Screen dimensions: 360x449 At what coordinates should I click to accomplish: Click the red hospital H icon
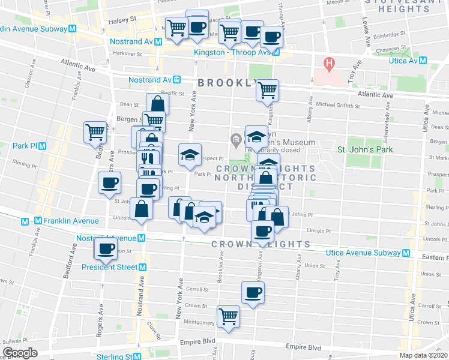pos(329,62)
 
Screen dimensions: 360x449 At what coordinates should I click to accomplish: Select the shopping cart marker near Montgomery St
pos(228,316)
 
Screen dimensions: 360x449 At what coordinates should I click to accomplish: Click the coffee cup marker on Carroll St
pos(252,292)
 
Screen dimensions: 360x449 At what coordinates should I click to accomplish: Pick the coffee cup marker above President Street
pos(106,248)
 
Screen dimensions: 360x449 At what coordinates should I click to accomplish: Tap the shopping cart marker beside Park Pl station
pos(94,131)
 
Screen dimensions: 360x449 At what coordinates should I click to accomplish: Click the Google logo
pos(20,352)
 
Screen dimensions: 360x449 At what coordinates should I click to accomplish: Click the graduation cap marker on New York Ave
pos(190,155)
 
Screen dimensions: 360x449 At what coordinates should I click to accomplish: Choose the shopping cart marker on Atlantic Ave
pos(267,90)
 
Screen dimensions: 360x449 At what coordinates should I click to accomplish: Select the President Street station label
pos(106,267)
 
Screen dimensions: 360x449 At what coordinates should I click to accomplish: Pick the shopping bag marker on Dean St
pos(157,104)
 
